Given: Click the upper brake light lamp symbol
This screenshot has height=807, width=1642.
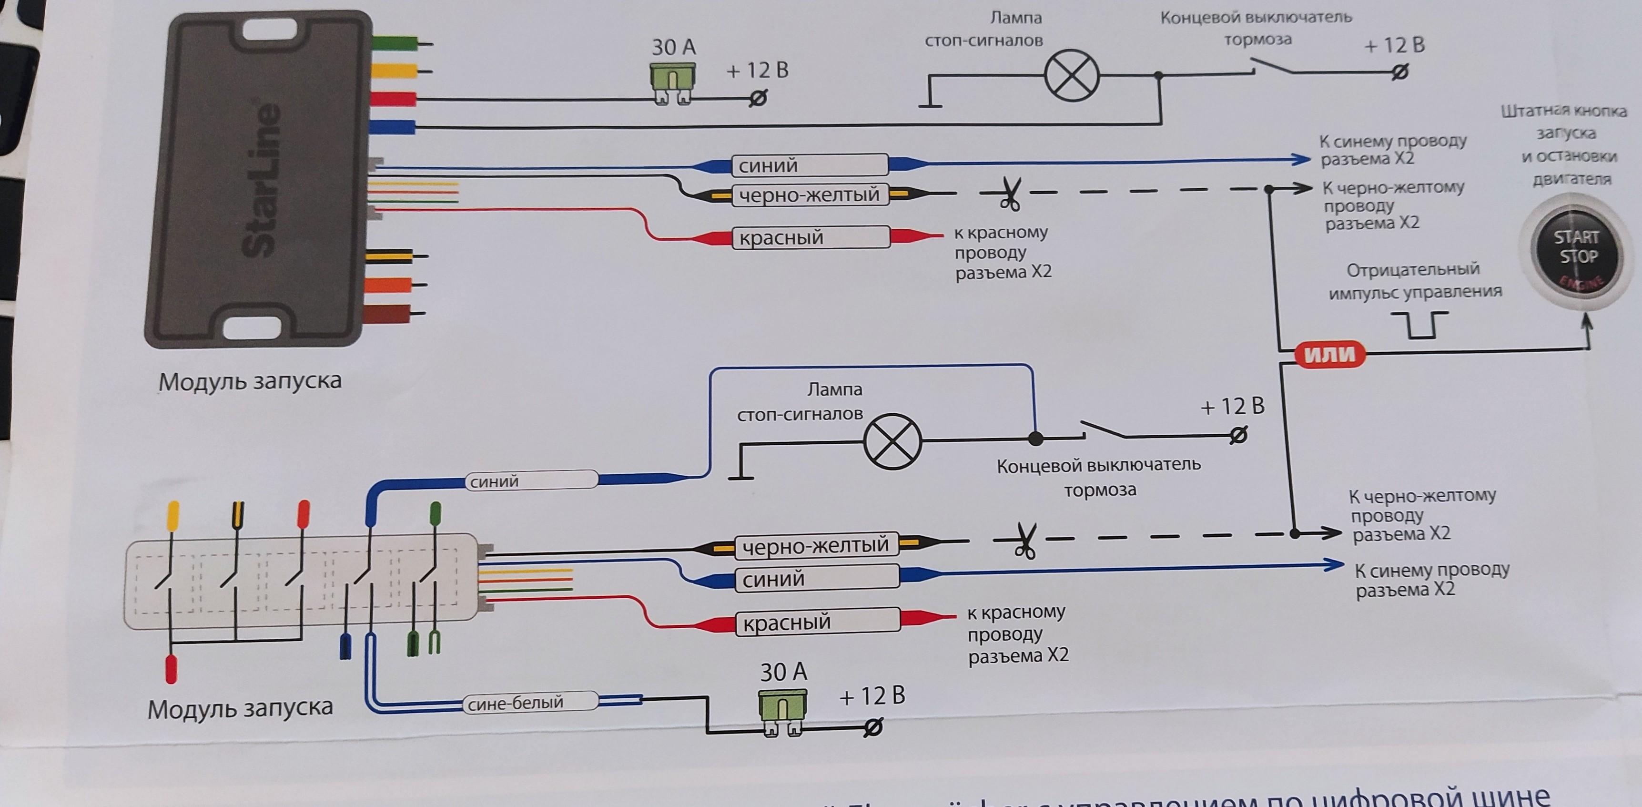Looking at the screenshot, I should pos(1072,76).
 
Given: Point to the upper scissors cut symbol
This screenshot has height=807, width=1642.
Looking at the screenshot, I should pos(1008,193).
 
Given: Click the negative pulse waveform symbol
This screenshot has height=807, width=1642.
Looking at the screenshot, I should pos(1419,324).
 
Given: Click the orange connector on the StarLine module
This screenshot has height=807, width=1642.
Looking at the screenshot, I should pos(388,285).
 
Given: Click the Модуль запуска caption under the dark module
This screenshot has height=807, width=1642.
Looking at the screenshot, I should pos(250,381).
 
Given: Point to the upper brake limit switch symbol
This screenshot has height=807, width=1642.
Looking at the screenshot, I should pos(1272,66).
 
